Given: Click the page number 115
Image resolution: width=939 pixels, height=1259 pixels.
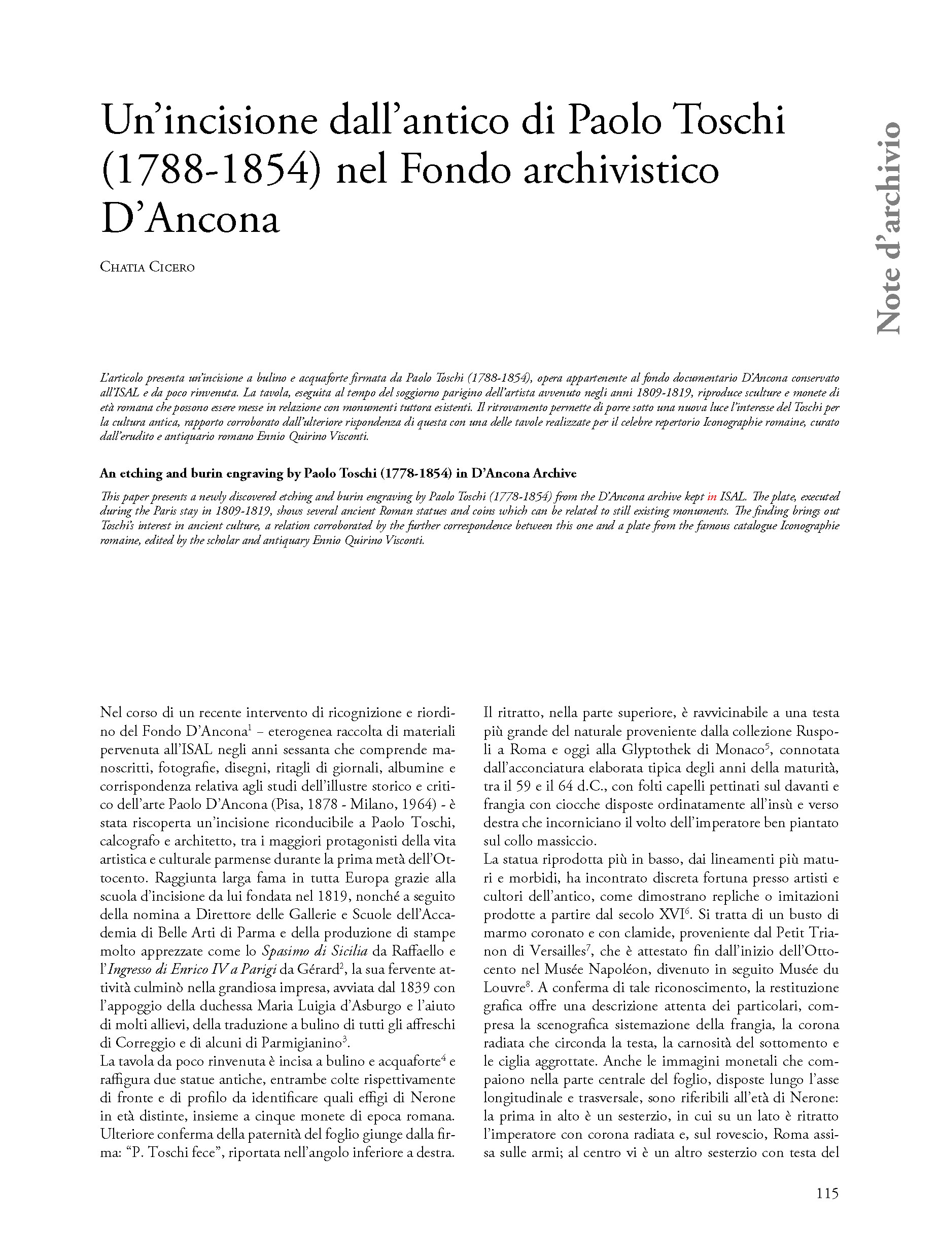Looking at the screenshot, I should (827, 1193).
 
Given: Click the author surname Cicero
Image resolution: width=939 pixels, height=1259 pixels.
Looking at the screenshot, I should (171, 267).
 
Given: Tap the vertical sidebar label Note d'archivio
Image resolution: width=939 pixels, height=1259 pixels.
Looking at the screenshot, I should (888, 227).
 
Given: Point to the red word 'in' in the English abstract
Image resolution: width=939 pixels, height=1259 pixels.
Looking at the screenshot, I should (712, 496).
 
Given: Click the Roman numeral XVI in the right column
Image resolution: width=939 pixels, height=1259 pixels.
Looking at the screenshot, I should (670, 914).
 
